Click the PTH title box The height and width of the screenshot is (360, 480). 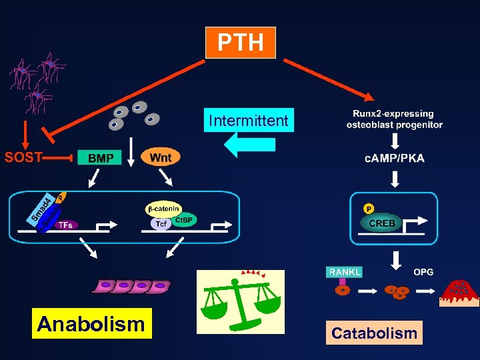tap(240, 43)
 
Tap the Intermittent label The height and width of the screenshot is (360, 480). tap(249, 121)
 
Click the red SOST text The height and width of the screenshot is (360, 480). tap(23, 158)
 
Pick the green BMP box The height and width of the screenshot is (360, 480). tap(100, 158)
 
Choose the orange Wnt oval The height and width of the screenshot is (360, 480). tap(161, 157)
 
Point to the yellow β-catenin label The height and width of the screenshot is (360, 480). tap(163, 209)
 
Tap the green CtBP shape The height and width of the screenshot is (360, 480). tap(184, 220)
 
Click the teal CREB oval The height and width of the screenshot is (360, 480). tap(382, 223)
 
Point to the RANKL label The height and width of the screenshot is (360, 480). tap(344, 271)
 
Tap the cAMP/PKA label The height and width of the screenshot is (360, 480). tap(395, 158)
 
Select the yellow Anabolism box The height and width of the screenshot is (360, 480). tap(91, 324)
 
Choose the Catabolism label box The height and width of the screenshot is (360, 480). tap(374, 333)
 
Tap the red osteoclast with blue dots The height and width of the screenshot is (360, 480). tap(459, 291)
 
